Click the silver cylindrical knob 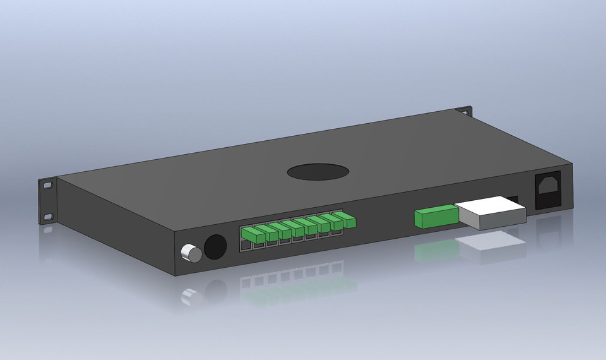pyautogui.click(x=191, y=254)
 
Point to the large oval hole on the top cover pyautogui.click(x=318, y=172)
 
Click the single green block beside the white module pyautogui.click(x=435, y=217)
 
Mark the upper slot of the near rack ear pyautogui.click(x=48, y=185)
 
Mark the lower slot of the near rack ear pyautogui.click(x=48, y=217)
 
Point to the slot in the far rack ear pyautogui.click(x=466, y=112)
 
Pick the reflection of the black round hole pyautogui.click(x=215, y=291)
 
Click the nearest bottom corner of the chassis pyautogui.click(x=176, y=275)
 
